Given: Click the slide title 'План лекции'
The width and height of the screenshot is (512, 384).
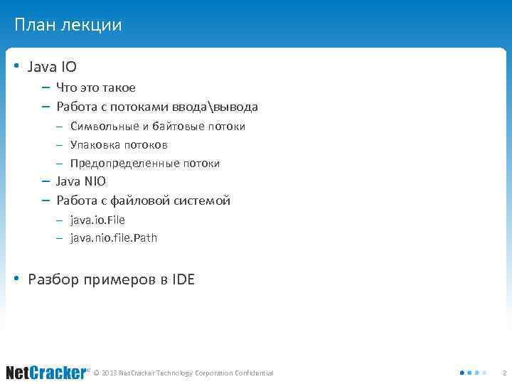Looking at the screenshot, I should tap(68, 26).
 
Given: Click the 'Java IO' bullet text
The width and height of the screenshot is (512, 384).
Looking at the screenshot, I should tap(52, 67).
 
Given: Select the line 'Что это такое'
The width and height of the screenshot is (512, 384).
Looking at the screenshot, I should tap(96, 88).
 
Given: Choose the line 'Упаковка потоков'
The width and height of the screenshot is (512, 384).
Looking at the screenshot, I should tap(119, 145).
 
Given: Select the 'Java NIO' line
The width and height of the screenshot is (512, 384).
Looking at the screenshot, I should tap(81, 181).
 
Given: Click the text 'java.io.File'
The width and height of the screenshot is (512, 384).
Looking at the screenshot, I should tap(97, 220).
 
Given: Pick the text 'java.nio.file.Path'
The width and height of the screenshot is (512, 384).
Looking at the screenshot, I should tap(114, 238).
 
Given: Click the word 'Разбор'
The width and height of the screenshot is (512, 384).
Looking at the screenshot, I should tap(50, 279).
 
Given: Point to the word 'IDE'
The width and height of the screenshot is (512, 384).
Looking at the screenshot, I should tap(183, 279).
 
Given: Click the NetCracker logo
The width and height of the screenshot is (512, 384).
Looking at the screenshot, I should tap(47, 373).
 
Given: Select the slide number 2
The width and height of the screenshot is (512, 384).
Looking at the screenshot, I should tap(504, 373).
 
